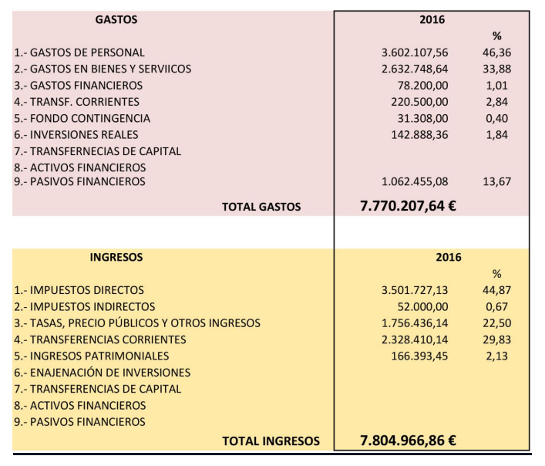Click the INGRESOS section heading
point(116,258)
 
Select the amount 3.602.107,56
point(413,52)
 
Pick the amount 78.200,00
point(422,86)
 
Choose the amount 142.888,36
point(419,135)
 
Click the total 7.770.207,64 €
point(408,206)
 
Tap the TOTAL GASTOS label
point(261,207)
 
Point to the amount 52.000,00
point(422,307)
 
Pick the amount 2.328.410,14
point(413,339)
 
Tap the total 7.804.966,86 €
point(408,441)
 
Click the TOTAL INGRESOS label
point(271,441)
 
